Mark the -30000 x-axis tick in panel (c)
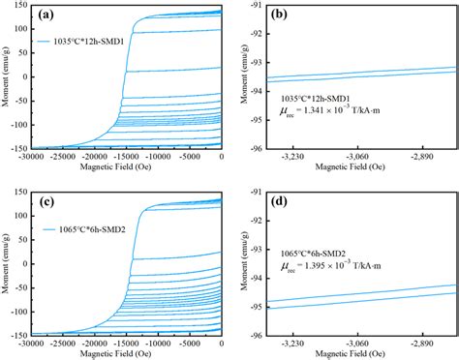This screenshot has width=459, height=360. click(x=30, y=344)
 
